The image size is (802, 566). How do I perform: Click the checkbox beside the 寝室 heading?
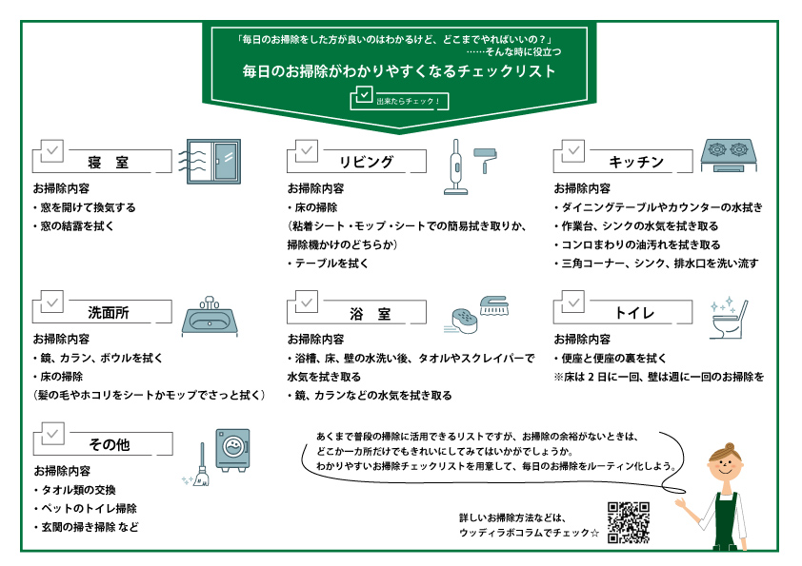[x=53, y=150]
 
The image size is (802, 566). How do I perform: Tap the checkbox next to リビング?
[x=307, y=150]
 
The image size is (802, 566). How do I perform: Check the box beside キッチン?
[x=573, y=150]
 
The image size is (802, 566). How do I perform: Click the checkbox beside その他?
[x=53, y=434]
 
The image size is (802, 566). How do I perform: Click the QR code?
[x=628, y=521]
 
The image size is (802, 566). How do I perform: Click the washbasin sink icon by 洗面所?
[x=208, y=316]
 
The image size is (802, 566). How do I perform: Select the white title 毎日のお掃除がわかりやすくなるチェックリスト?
[x=399, y=71]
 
